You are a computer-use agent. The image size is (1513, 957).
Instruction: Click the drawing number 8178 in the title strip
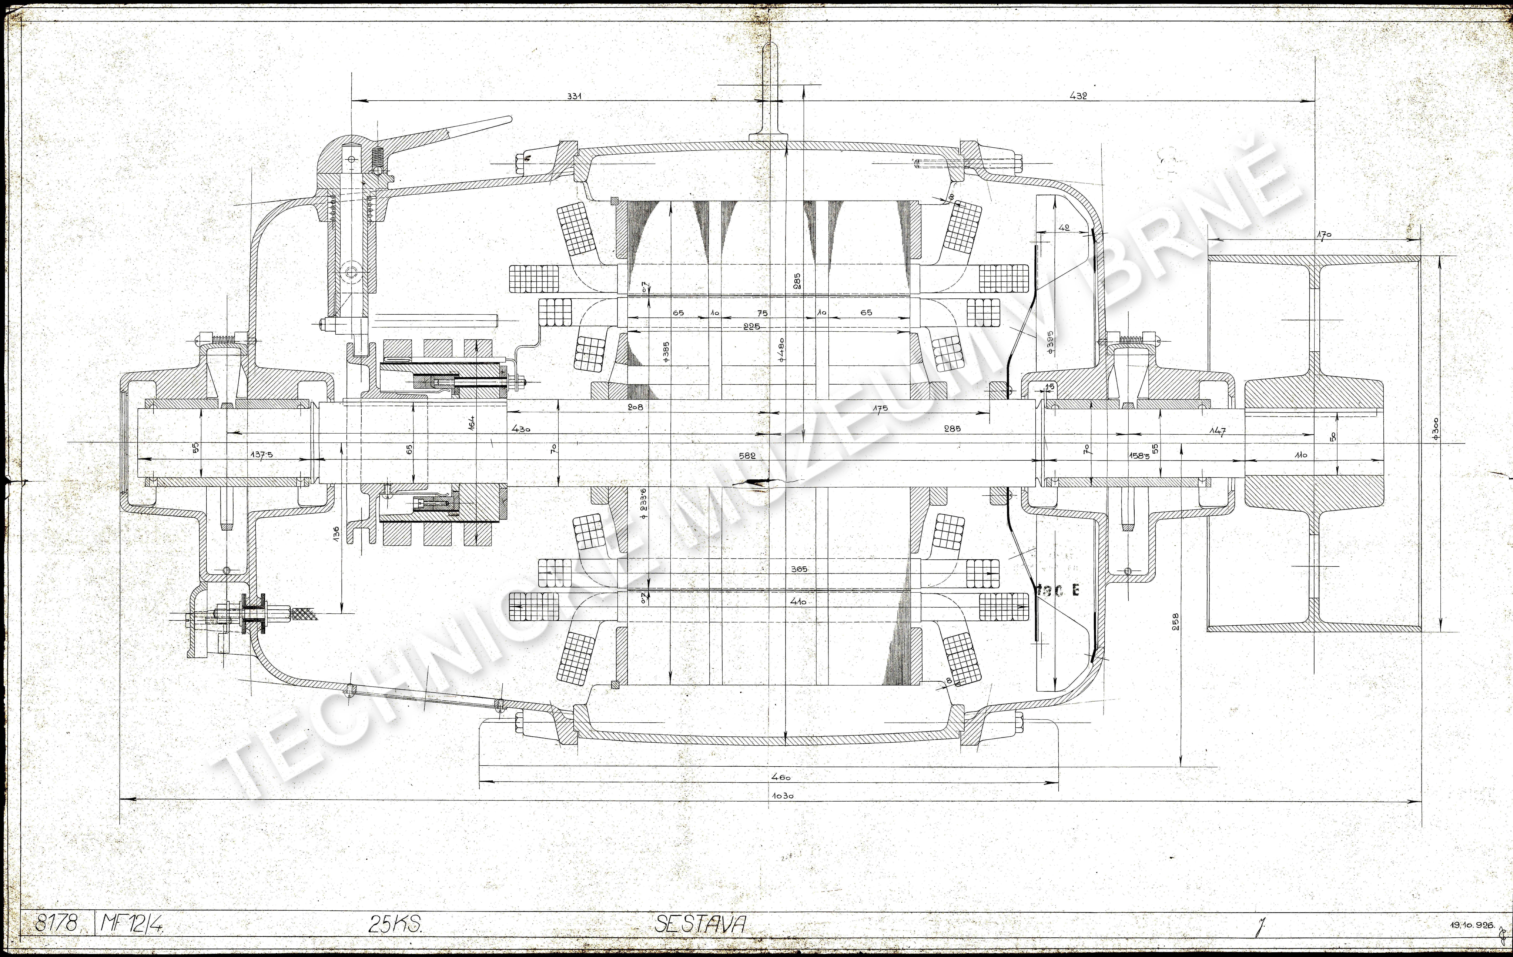56,924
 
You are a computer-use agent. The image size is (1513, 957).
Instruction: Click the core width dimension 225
751,326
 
